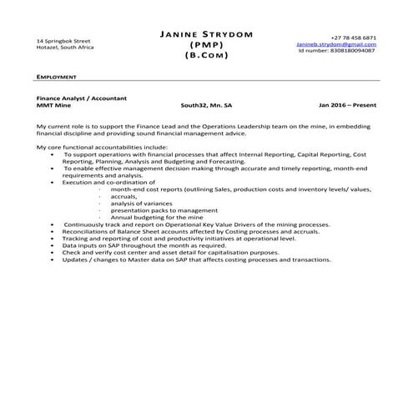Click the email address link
pos(335,44)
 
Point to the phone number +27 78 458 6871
pos(353,38)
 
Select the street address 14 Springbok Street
pos(63,40)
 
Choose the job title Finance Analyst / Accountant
pos(82,98)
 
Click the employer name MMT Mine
pos(53,106)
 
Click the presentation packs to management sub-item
pos(153,210)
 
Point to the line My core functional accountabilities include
pos(102,148)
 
